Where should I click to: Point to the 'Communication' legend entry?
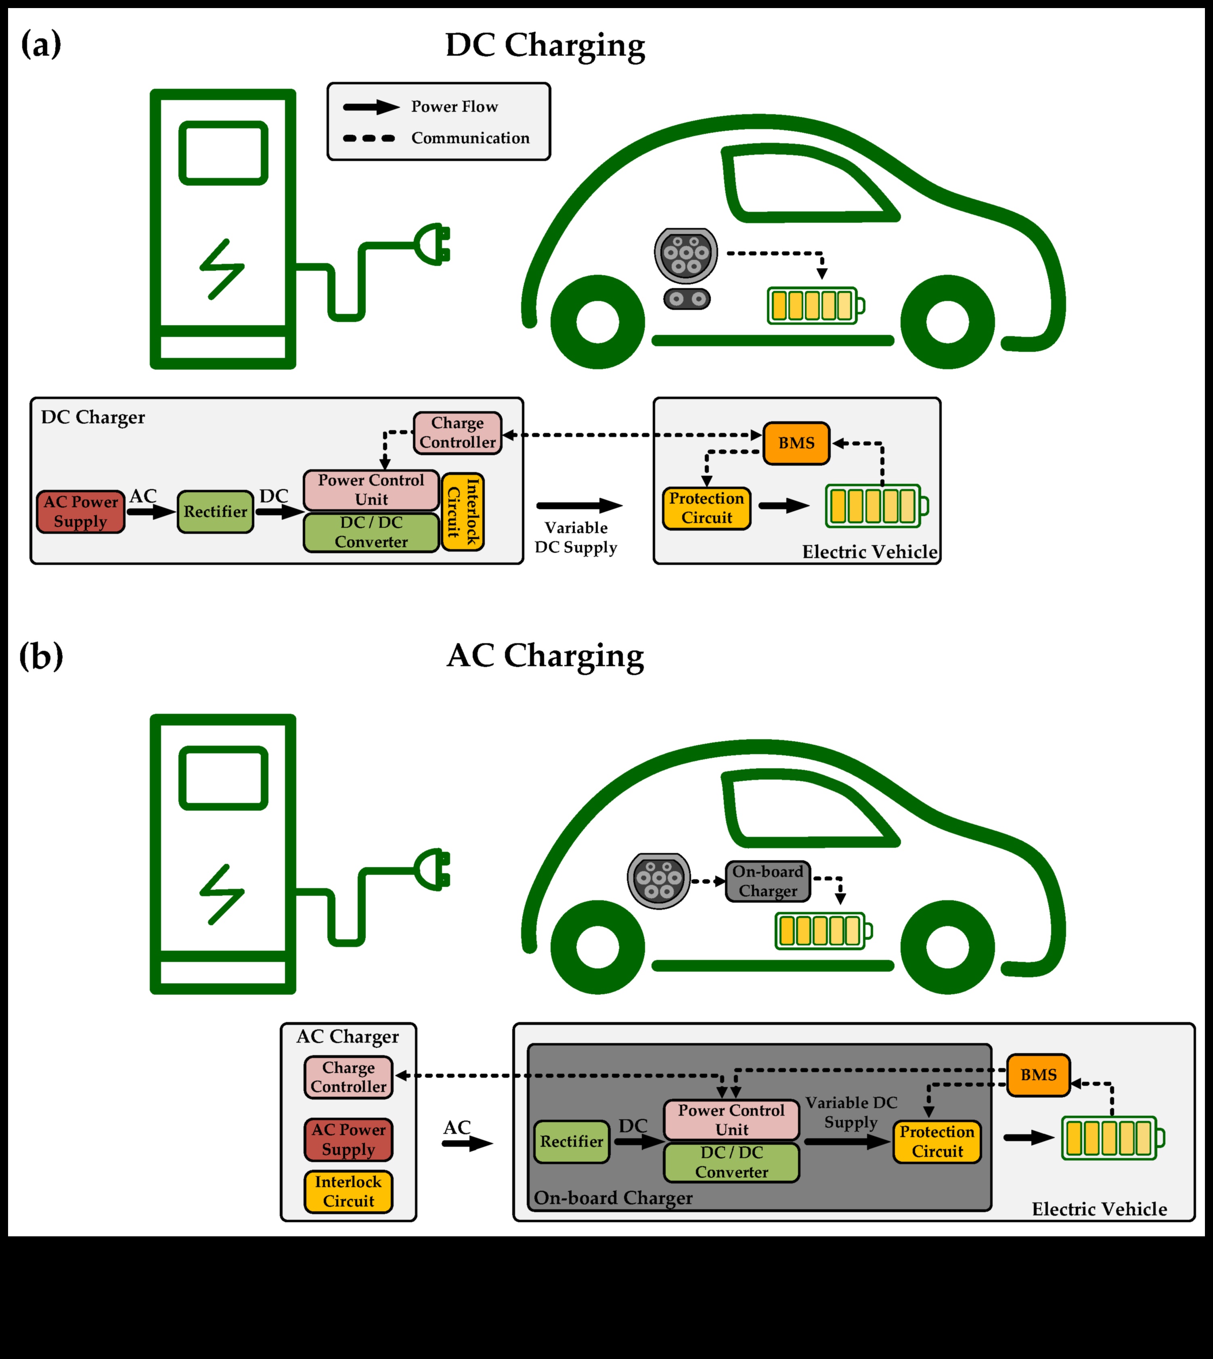(x=470, y=138)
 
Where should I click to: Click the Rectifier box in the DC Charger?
(x=215, y=512)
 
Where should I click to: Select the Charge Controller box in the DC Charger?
(x=457, y=433)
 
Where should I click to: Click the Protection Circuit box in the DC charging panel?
(x=706, y=508)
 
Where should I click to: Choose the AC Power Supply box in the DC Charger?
(x=81, y=512)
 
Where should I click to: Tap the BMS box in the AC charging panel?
(x=1038, y=1075)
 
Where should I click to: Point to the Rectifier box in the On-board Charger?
(x=571, y=1141)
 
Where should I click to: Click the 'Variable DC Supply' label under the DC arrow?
(x=576, y=537)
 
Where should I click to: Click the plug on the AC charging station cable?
(x=433, y=870)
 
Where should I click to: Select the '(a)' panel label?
(x=41, y=45)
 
